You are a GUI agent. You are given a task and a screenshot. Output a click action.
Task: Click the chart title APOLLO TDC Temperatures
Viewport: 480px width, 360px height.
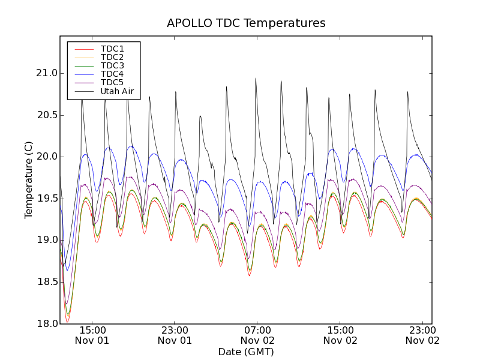coord(246,23)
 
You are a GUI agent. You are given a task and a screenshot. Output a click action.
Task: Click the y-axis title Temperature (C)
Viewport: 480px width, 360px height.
coord(29,180)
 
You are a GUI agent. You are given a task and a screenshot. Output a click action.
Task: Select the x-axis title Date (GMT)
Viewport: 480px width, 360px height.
coord(246,352)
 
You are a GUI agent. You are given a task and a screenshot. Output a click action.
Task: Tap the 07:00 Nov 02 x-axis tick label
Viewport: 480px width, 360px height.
coord(257,335)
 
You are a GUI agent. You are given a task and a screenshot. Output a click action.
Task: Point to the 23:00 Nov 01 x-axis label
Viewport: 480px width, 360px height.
coord(175,335)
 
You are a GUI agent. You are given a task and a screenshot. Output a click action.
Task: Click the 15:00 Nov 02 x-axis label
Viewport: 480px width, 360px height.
coord(340,335)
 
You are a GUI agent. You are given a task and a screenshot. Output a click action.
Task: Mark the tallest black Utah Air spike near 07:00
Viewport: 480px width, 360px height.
coord(256,79)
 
